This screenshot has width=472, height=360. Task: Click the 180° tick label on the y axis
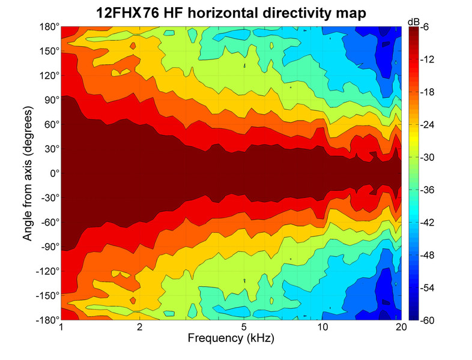[x=50, y=27]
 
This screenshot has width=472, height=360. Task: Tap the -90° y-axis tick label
[x=48, y=247]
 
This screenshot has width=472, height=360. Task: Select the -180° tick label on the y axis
[x=46, y=319]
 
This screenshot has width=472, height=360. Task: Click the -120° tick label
[x=46, y=271]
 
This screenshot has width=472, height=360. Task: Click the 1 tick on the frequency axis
[x=61, y=328]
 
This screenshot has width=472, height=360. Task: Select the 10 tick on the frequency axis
[x=322, y=328]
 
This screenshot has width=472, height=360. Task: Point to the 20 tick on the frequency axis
[x=401, y=328]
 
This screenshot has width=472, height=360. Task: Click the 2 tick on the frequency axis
[x=140, y=328]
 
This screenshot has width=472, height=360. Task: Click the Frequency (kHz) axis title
[x=231, y=339]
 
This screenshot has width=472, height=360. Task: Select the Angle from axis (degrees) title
[x=28, y=173]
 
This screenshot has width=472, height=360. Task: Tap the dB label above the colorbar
[x=414, y=22]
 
